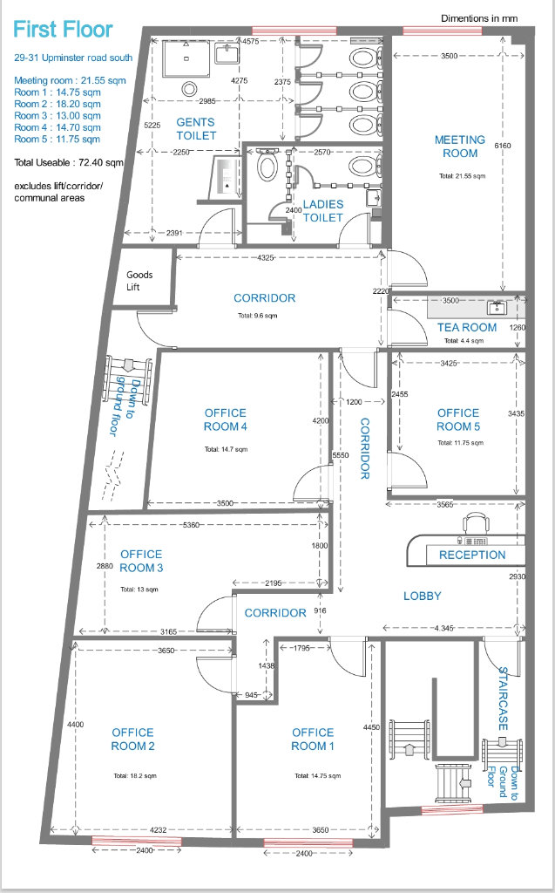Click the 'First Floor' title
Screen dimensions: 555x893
point(63,30)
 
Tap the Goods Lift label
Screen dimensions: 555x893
point(139,281)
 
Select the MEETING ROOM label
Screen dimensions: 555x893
point(460,147)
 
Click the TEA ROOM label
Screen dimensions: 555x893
point(467,328)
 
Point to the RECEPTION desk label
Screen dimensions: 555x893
point(472,555)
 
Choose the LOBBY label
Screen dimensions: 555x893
point(423,596)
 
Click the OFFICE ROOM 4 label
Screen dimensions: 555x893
point(226,419)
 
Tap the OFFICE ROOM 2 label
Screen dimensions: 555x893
point(132,740)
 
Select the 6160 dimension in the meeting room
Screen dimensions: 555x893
point(503,146)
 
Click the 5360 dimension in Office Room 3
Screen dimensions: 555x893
point(192,524)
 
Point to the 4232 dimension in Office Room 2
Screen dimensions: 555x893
point(159,830)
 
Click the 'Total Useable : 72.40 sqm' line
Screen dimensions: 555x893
point(68,162)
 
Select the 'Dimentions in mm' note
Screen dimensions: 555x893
point(479,18)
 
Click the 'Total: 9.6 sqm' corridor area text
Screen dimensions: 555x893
point(257,316)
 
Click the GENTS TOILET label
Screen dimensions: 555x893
point(196,129)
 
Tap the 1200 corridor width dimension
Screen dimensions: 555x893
point(354,402)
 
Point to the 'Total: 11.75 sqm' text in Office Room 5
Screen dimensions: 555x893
point(460,442)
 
